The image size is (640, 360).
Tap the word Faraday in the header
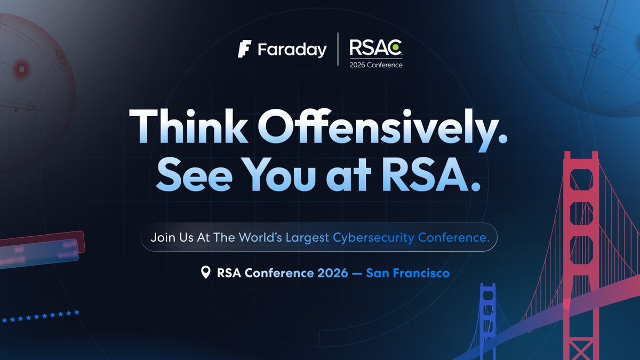(x=292, y=51)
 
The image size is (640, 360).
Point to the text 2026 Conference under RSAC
(x=376, y=65)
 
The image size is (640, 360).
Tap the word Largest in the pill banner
(x=307, y=237)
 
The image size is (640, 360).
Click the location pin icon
(x=205, y=273)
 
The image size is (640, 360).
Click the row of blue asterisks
(x=41, y=316)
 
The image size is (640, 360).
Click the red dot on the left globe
(x=22, y=69)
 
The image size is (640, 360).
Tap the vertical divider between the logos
(x=338, y=50)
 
